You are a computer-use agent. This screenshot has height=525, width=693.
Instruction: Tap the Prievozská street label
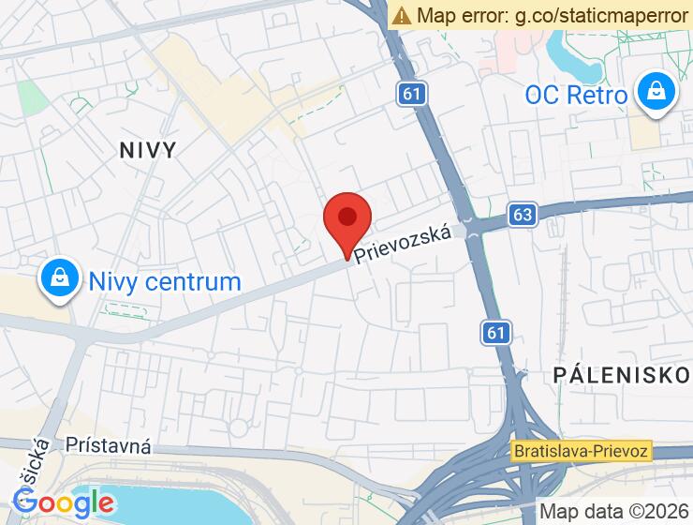pyautogui.click(x=410, y=244)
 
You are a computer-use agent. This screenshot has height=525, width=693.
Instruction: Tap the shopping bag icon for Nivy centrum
pyautogui.click(x=59, y=279)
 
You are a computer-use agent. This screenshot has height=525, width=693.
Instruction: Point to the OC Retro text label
pyautogui.click(x=576, y=95)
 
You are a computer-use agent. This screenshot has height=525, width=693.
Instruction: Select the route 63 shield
pyautogui.click(x=523, y=215)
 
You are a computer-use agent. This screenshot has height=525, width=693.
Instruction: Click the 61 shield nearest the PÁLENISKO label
pyautogui.click(x=497, y=331)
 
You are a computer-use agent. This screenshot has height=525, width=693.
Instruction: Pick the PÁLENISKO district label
pyautogui.click(x=621, y=376)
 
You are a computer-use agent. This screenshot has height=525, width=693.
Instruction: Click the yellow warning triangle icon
pyautogui.click(x=402, y=15)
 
